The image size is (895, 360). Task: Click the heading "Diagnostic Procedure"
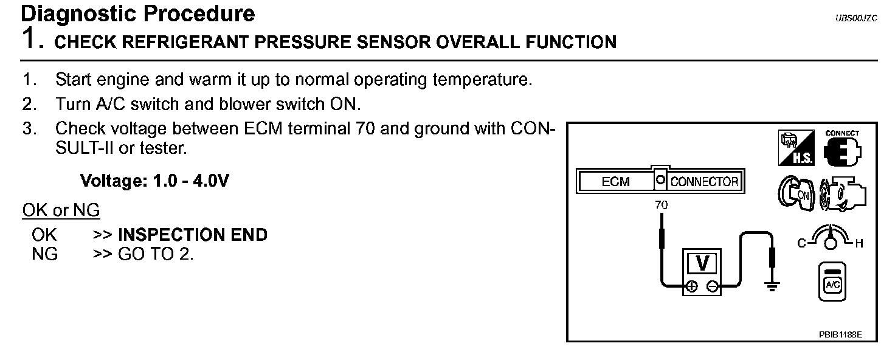click(138, 13)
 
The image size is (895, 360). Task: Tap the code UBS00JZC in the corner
click(856, 19)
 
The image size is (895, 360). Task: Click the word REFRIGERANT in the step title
click(194, 42)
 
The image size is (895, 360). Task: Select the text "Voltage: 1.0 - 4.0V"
click(154, 181)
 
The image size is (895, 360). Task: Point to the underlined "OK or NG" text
click(61, 210)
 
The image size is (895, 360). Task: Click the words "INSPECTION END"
click(192, 235)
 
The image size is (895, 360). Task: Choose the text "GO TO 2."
click(156, 254)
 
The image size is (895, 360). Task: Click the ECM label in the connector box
click(615, 182)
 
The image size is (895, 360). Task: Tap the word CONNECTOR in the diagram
click(704, 182)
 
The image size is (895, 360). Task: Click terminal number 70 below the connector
click(661, 206)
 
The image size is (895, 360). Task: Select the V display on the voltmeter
click(702, 263)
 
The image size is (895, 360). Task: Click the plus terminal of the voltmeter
click(691, 287)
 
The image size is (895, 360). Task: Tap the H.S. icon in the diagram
click(796, 148)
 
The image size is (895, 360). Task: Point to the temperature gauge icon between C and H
click(829, 238)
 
